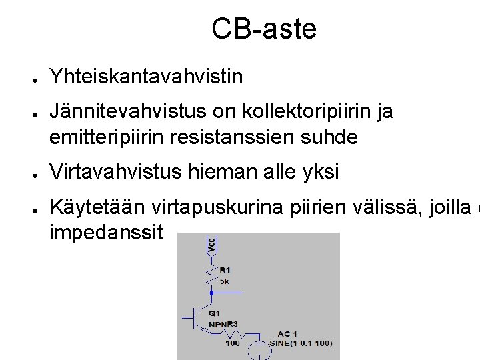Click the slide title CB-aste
coord(264,29)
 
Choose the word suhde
coord(331,137)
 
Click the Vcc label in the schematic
coord(211,243)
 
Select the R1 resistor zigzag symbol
coord(211,275)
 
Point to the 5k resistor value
coord(224,281)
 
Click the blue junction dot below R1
coord(211,292)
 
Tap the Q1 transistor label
coord(214,313)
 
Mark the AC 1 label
coord(288,333)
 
